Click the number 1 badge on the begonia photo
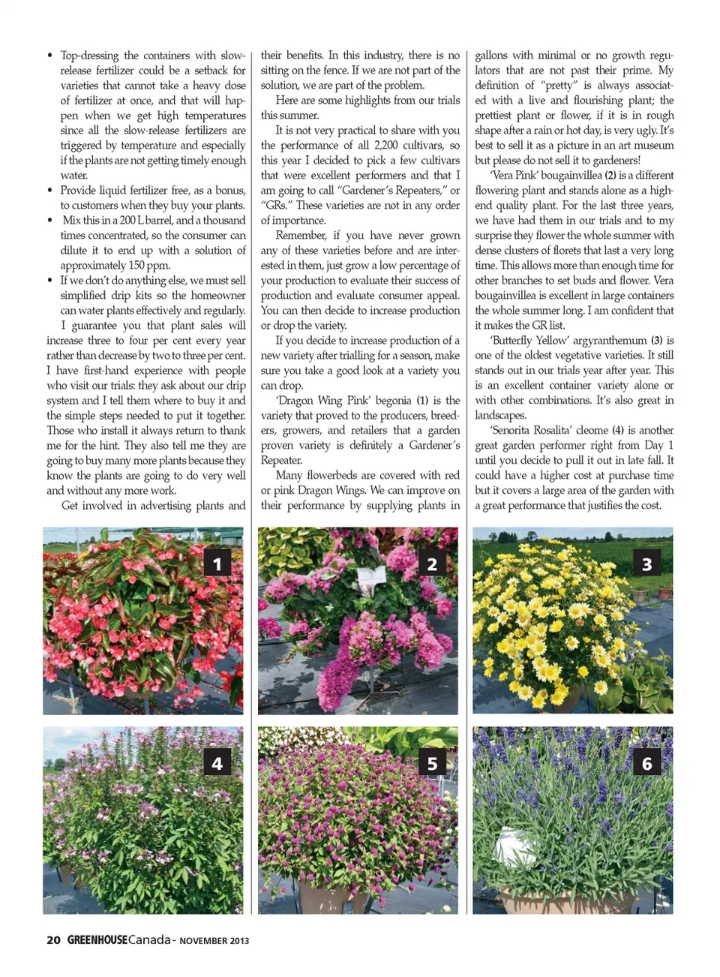tap(217, 563)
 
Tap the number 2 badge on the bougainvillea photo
tap(432, 563)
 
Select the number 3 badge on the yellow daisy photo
tap(646, 563)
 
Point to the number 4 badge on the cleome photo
tap(217, 762)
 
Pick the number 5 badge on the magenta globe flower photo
tap(432, 762)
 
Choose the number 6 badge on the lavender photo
tap(646, 762)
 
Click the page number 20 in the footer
tap(53, 940)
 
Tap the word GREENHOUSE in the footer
tap(97, 940)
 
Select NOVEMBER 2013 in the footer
tap(214, 941)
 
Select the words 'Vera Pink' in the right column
tap(515, 175)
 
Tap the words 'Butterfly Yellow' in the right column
tap(529, 340)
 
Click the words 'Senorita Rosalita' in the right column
tap(533, 430)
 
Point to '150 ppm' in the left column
tap(148, 265)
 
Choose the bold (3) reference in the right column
tap(656, 340)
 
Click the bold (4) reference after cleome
tap(617, 430)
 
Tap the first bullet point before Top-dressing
tap(49, 56)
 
